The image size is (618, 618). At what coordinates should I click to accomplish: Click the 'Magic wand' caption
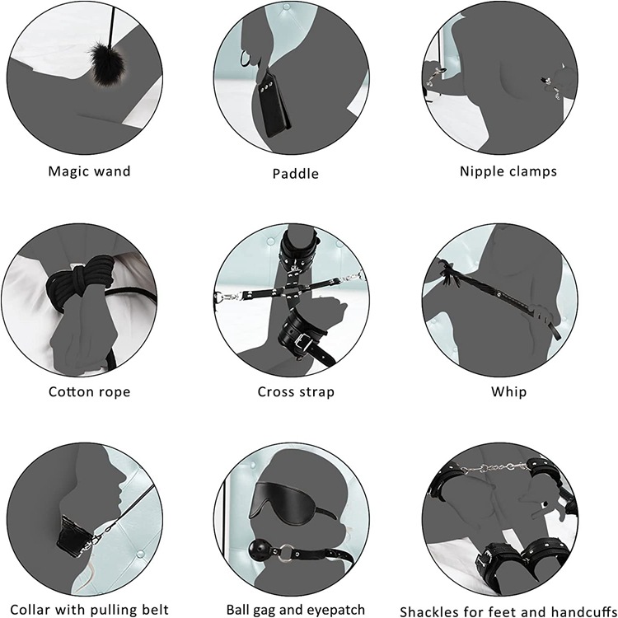point(89,171)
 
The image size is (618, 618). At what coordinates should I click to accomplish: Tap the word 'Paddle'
point(295,173)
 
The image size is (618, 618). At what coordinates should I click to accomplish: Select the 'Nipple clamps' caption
point(508,171)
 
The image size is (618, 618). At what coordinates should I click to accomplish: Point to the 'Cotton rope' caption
point(89,391)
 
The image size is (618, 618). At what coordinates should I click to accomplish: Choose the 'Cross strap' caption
point(296,391)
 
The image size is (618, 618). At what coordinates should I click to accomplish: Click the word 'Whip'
point(508,391)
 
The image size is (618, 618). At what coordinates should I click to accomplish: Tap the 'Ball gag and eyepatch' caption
point(296,611)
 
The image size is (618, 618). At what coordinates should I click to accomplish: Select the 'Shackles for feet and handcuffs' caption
point(506,611)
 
